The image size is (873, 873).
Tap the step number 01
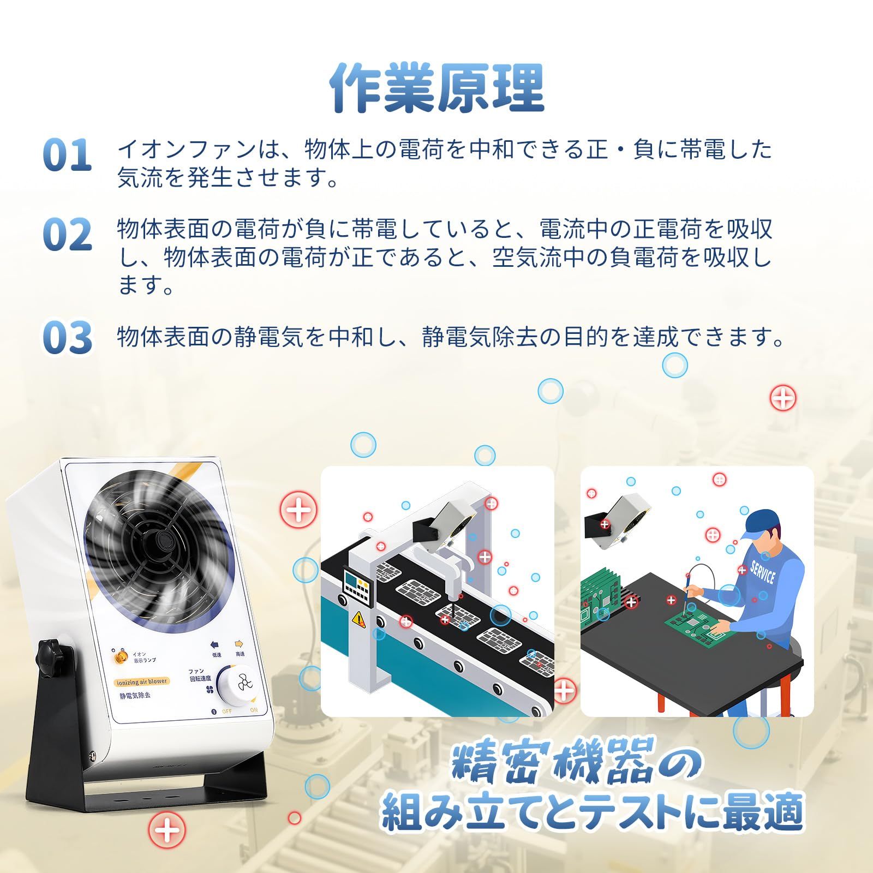coord(67,154)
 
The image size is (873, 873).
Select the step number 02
coord(67,235)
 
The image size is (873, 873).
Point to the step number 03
coord(67,337)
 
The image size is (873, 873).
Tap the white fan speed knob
coord(235,686)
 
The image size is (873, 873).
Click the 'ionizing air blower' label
coord(142,681)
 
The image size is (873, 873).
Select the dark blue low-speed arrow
coord(215,644)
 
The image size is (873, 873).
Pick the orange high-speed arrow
coord(239,644)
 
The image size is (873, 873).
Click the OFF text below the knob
coord(226,711)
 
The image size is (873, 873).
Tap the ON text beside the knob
coord(254,710)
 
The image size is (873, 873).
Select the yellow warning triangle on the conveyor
coord(360,619)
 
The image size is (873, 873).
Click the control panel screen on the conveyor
coord(357,587)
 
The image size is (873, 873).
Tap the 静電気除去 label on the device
coord(135,696)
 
